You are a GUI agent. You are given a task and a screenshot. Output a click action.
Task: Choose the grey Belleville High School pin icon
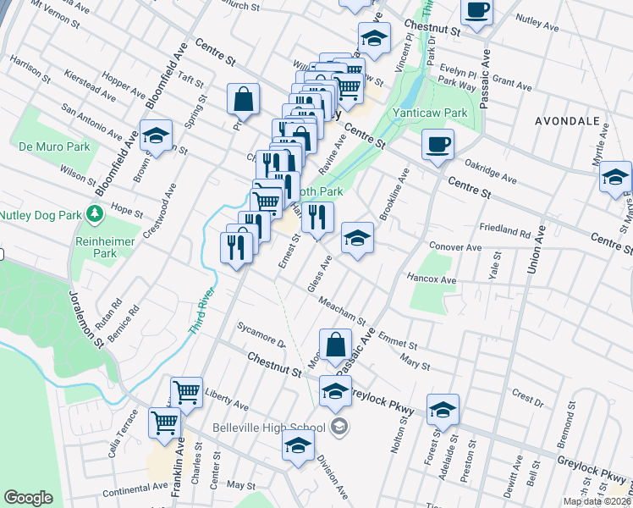point(340,426)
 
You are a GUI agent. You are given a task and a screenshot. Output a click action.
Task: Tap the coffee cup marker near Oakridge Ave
point(438,144)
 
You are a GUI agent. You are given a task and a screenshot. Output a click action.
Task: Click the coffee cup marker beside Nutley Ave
point(477,10)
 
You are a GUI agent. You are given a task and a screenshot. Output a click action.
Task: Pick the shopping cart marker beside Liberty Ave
point(186,392)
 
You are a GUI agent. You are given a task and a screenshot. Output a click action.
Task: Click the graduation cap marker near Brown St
point(156,137)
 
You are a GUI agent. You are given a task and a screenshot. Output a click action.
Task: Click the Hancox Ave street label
point(432,279)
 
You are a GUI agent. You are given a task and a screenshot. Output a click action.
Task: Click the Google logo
point(29,498)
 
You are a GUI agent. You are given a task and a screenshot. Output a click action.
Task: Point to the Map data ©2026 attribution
point(597,501)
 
